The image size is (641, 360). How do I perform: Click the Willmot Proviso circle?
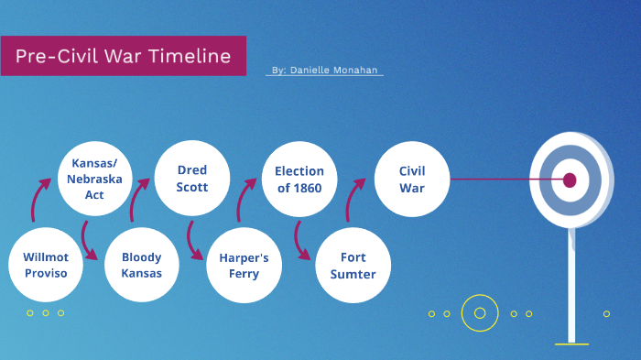pos(46,265)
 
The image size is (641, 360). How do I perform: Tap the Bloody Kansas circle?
pos(141,265)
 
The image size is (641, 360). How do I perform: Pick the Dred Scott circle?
pos(192,178)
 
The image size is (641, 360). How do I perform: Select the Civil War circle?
pos(411,178)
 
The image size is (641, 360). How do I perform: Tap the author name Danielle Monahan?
pos(327,71)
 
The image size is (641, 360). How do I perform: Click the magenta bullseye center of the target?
pos(570,180)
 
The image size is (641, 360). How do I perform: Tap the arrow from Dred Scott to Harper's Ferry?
pos(193,240)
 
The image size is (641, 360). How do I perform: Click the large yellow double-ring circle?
pos(479,313)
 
